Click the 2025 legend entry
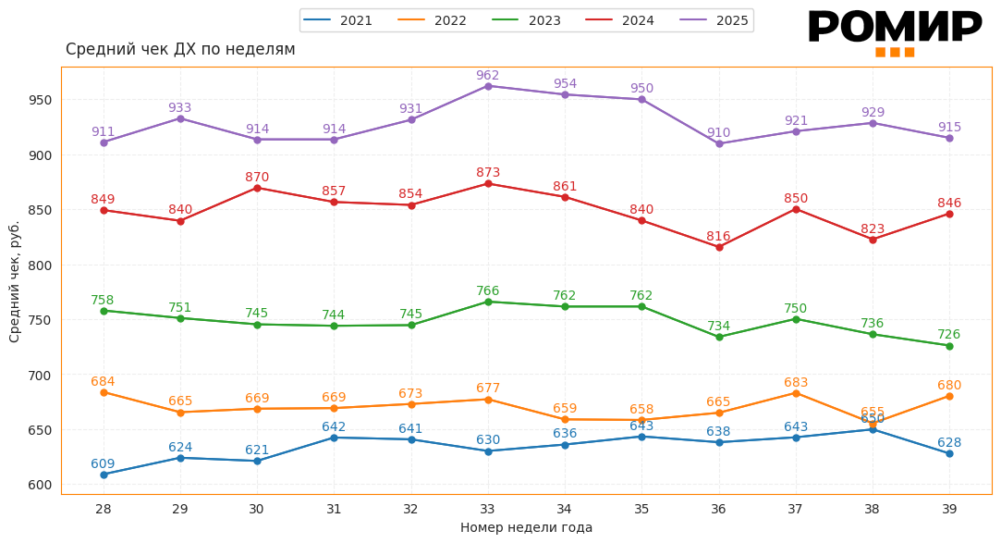(714, 20)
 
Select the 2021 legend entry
(338, 20)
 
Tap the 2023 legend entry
(527, 20)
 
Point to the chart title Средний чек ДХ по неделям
(180, 49)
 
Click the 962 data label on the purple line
(488, 76)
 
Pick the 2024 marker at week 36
(719, 247)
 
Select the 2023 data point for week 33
(488, 302)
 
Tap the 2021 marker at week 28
(104, 475)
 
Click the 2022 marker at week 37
(796, 393)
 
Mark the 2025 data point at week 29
(180, 118)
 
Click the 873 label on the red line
(488, 173)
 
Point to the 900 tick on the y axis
(40, 155)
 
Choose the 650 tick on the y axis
(40, 430)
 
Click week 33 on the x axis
(488, 509)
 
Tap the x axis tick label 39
(949, 509)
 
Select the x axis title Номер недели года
(526, 527)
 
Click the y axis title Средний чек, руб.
(15, 281)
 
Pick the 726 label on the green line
(949, 335)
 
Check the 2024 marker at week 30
(257, 188)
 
